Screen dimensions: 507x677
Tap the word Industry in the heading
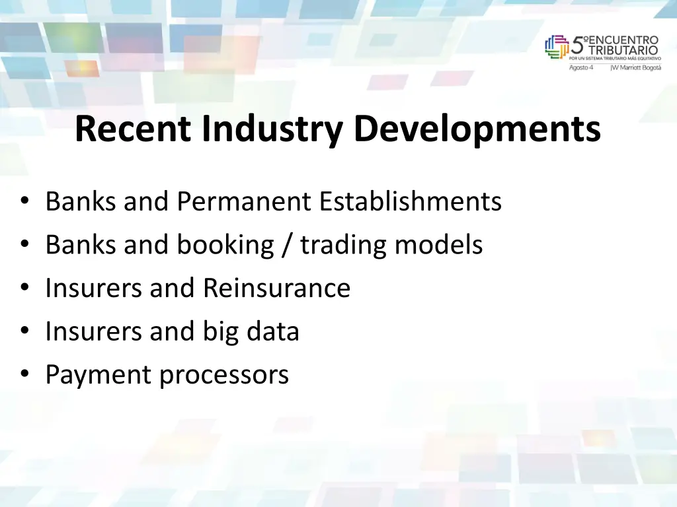272,129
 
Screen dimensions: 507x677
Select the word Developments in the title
477,129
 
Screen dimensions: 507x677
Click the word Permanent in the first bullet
244,201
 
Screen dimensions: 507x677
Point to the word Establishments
410,201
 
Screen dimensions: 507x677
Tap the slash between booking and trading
287,246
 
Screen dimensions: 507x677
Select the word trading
343,246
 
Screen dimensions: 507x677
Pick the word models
439,246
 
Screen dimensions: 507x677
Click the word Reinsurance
276,288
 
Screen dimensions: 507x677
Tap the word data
272,331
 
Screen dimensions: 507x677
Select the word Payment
98,375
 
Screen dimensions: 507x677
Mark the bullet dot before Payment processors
24,375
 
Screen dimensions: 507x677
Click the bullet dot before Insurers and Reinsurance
24,288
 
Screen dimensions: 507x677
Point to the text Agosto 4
581,67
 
